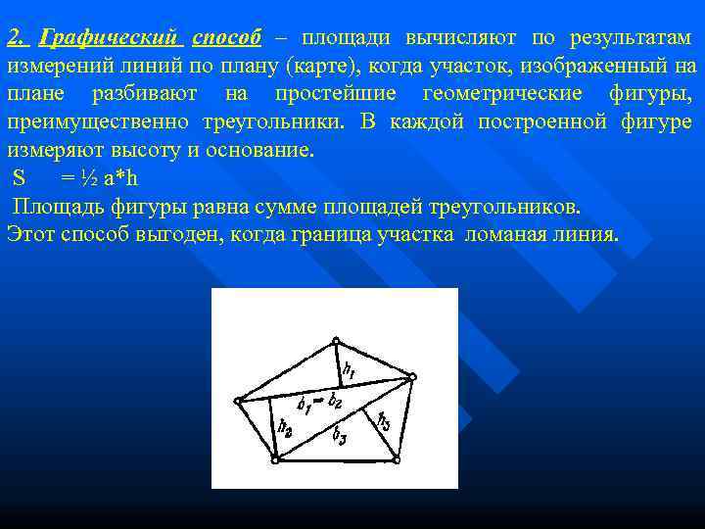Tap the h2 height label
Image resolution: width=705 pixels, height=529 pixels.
click(x=285, y=427)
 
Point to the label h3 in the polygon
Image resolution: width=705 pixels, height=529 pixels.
click(x=383, y=422)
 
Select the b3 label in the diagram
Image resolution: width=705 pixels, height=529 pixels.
click(x=339, y=435)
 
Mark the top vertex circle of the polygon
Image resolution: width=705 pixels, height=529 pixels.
click(x=336, y=342)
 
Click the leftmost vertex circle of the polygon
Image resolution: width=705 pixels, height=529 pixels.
click(x=238, y=400)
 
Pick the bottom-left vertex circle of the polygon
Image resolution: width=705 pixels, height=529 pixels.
click(x=275, y=458)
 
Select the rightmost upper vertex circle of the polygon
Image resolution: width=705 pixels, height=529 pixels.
click(x=412, y=376)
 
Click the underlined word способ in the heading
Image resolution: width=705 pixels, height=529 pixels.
click(x=226, y=37)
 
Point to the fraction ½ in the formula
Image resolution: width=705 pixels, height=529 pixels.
click(x=88, y=179)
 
